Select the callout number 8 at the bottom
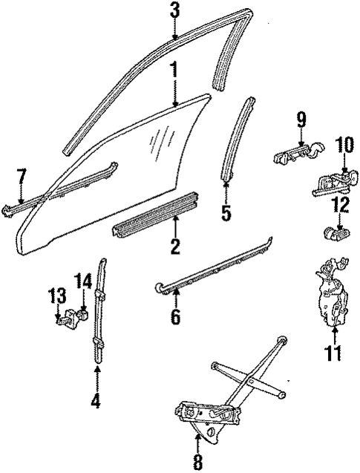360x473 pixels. coord(197,461)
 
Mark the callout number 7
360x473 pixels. coord(21,177)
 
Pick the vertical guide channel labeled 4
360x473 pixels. coord(99,312)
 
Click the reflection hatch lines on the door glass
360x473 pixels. coord(158,138)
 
